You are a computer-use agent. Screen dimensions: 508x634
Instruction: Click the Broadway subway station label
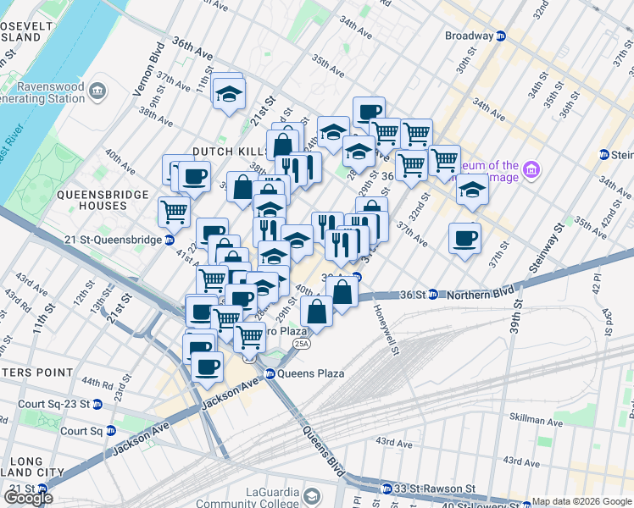click(x=470, y=36)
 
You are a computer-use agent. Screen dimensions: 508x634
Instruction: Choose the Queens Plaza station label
click(x=310, y=373)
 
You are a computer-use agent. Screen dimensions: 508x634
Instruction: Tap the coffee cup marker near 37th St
click(x=464, y=237)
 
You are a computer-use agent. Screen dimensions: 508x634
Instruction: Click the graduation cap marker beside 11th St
click(x=228, y=93)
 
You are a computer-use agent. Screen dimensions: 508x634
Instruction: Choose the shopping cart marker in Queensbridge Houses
click(x=175, y=211)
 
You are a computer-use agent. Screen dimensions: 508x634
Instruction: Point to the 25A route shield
click(x=300, y=345)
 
